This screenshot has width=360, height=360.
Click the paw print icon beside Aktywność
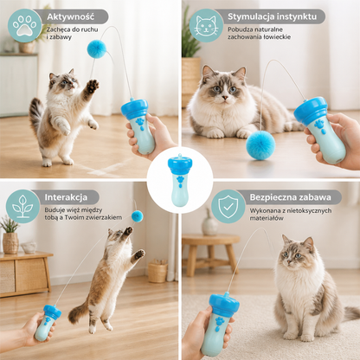[25, 25]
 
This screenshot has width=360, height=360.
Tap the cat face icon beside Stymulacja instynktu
[206, 25]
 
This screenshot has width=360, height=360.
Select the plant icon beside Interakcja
[22, 206]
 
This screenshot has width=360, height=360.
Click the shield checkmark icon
[228, 206]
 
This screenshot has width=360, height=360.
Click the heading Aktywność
[71, 16]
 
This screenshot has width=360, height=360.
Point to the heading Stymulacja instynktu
[272, 16]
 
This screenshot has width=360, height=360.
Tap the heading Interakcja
[66, 197]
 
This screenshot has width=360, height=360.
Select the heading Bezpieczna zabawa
[290, 197]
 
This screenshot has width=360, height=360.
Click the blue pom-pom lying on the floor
[260, 145]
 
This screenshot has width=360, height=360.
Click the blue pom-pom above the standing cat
[97, 49]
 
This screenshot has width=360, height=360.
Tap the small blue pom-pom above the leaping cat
[138, 216]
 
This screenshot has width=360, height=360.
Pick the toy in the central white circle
[180, 180]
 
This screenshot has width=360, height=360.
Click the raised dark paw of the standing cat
[93, 86]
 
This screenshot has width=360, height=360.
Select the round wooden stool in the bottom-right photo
[211, 253]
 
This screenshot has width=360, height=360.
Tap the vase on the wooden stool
[209, 222]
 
